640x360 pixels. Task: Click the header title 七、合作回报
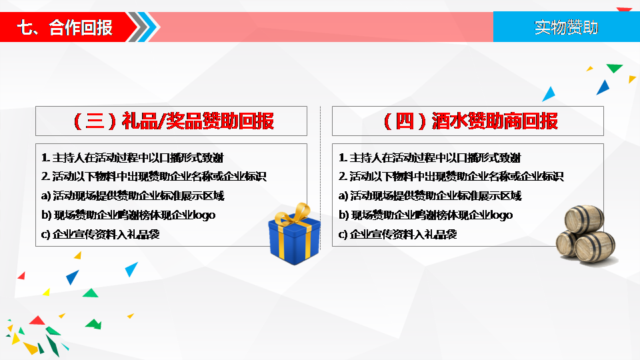[65, 27]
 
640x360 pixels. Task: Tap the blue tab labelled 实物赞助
[567, 27]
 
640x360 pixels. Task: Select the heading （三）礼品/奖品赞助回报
[173, 121]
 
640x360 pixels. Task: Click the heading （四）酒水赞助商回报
[470, 121]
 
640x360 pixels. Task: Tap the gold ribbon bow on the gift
[294, 214]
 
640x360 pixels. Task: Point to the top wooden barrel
[584, 219]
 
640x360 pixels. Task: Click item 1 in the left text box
[132, 157]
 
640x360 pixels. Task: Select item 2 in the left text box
[153, 176]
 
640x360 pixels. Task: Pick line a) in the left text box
[133, 196]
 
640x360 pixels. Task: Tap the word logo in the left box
[204, 215]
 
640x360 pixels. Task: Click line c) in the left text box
[101, 234]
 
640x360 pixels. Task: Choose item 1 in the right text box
[429, 157]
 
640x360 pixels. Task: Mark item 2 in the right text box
[451, 176]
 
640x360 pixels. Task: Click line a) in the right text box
[430, 196]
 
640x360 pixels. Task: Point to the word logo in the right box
[501, 215]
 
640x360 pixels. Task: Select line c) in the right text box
[397, 234]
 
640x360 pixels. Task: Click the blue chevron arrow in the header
[152, 27]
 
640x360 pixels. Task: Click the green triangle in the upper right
[614, 68]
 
